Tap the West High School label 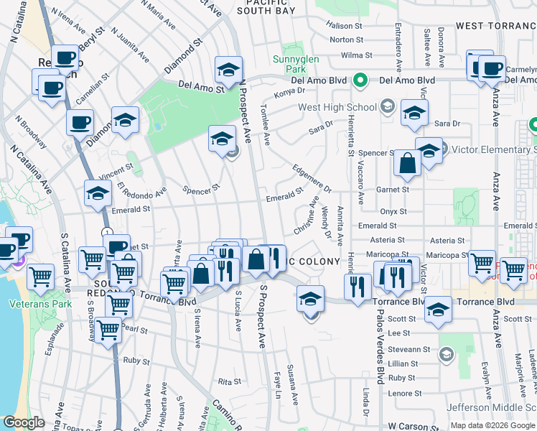[337, 108]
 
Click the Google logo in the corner [24, 422]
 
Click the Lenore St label [406, 393]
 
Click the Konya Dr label [285, 93]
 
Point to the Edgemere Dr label [312, 179]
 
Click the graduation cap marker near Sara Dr [414, 113]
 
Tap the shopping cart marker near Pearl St [108, 330]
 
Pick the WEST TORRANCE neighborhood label [495, 26]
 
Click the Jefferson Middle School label [491, 407]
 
